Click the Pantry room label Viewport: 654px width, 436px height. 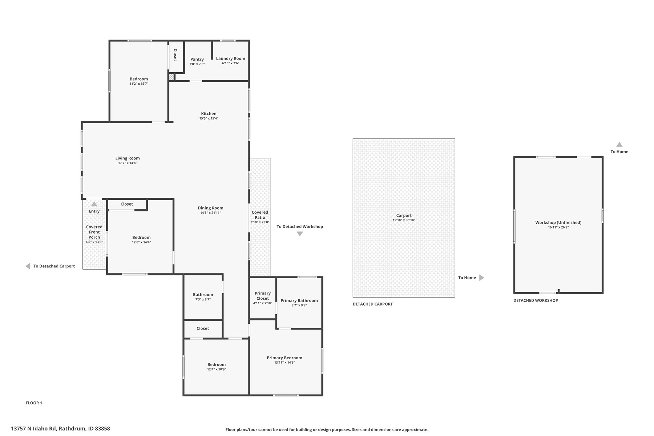[197, 59]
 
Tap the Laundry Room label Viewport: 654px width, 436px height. [230, 58]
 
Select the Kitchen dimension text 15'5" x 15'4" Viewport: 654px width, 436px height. [209, 118]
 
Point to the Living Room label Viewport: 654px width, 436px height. [128, 158]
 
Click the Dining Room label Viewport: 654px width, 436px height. [210, 208]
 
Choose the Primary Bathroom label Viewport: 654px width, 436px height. [299, 300]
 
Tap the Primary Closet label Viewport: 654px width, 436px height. [262, 296]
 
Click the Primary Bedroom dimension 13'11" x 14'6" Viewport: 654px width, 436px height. [284, 363]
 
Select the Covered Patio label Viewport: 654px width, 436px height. [260, 215]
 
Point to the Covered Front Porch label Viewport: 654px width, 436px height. [94, 232]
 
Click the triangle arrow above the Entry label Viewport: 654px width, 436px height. [94, 204]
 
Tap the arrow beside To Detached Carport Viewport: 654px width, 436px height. [28, 266]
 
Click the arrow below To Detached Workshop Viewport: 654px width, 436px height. [300, 234]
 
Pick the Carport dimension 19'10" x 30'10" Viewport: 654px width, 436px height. [404, 220]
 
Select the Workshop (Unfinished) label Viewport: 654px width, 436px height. [558, 222]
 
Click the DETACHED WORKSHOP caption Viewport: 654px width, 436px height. [536, 300]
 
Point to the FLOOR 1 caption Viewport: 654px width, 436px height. [34, 403]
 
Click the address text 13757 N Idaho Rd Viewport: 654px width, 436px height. [34, 429]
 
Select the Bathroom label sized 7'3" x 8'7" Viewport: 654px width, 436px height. [203, 295]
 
